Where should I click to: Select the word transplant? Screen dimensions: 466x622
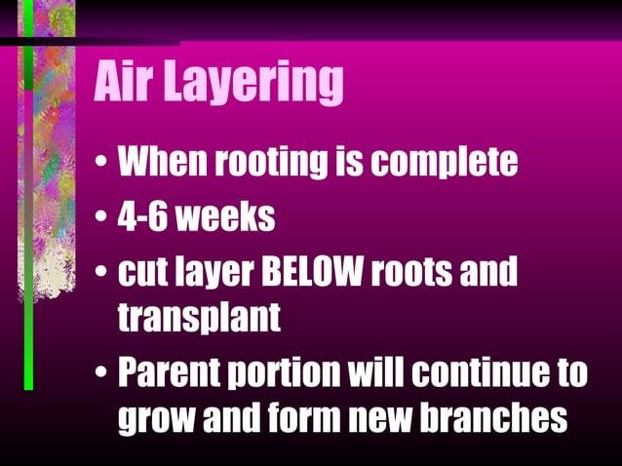[x=199, y=317]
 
